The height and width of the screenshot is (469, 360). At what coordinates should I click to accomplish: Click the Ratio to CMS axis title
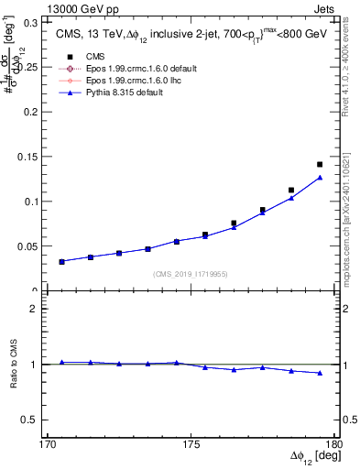coord(15,365)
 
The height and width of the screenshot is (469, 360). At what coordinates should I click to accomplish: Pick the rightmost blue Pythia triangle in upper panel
coord(320,178)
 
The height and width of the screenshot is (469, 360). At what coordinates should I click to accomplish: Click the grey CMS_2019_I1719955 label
coord(190,273)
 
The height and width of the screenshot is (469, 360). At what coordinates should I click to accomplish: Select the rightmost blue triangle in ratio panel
coord(320,373)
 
